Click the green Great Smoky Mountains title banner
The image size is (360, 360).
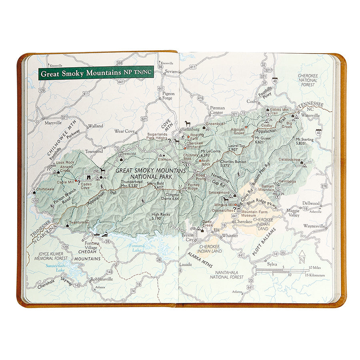click(96, 73)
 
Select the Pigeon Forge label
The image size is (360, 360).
click(168, 96)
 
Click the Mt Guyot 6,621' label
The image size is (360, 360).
click(264, 139)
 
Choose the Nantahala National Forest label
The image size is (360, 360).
click(227, 274)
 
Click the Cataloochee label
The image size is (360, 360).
click(290, 159)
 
